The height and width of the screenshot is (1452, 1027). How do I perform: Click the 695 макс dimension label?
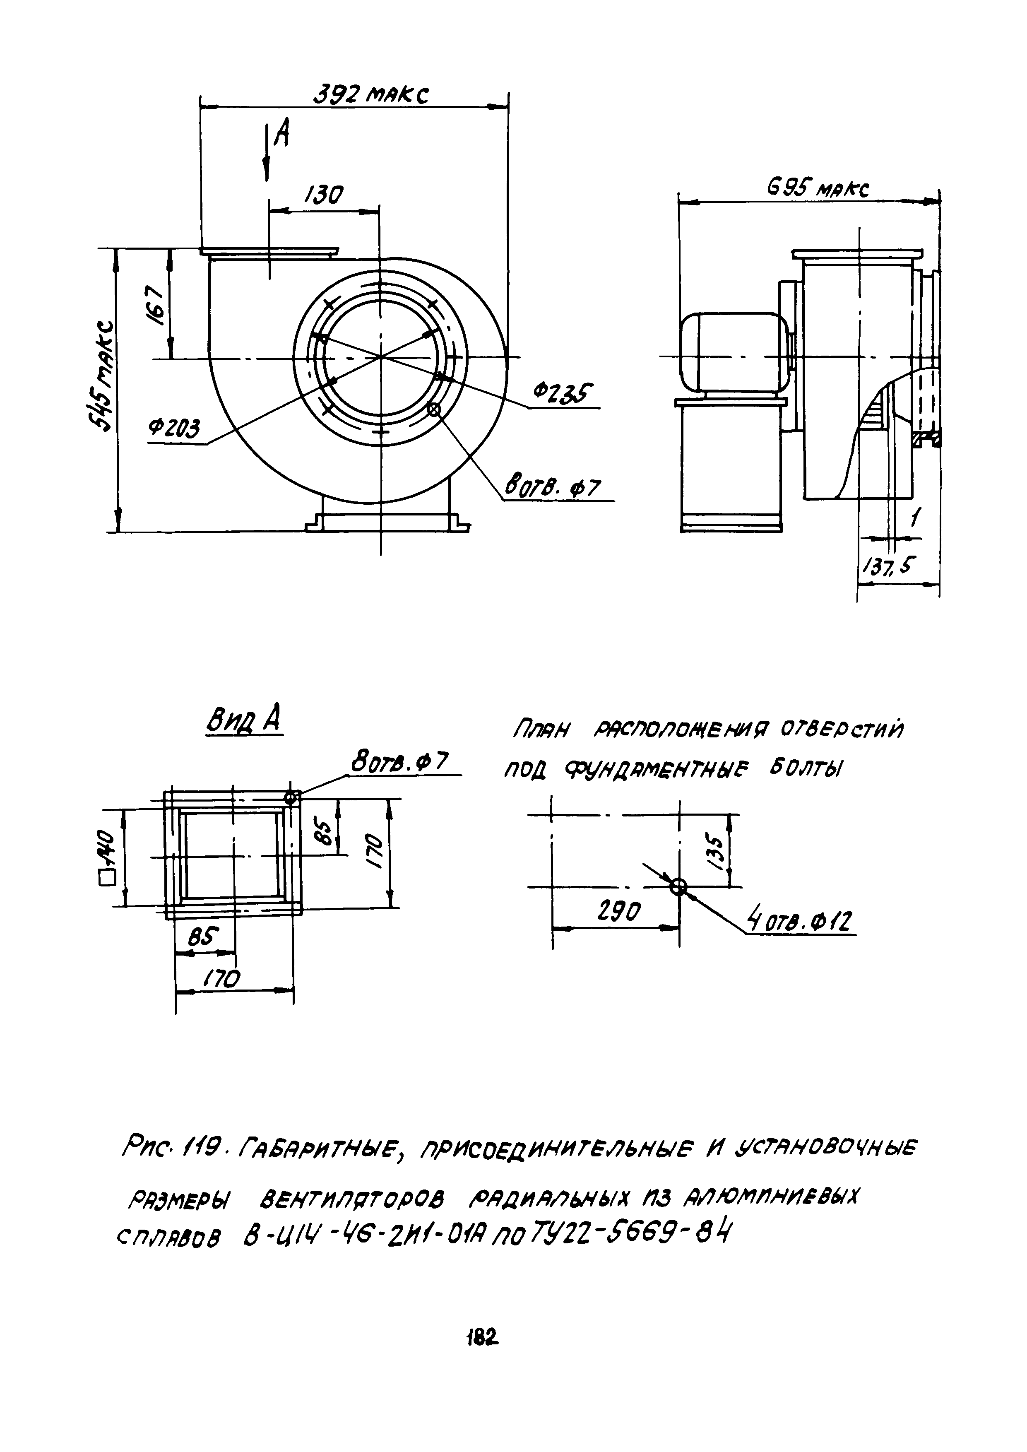pos(817,188)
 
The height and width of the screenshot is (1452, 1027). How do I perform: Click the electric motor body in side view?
pos(732,350)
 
